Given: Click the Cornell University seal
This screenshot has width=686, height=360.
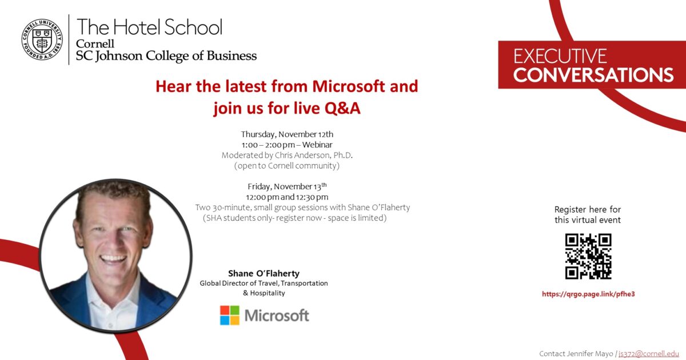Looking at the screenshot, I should tap(42, 39).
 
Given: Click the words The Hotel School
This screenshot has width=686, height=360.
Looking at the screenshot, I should tap(149, 27).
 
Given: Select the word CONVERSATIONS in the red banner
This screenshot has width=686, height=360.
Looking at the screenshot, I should tap(593, 75).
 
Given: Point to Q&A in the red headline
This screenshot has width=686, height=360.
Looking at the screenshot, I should tap(342, 108).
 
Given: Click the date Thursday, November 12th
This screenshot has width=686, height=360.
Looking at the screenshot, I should tap(287, 134).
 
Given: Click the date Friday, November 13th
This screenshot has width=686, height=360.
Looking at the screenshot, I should tap(287, 187).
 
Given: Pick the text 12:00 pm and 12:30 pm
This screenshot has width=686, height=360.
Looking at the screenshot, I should tap(287, 197).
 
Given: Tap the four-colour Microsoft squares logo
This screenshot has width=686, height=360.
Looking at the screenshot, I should tap(230, 315).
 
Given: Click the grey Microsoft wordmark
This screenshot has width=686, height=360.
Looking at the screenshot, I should tap(277, 315).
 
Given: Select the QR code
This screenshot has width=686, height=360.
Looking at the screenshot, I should tap(588, 257).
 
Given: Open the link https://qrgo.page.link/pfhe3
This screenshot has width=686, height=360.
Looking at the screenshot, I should tap(588, 294).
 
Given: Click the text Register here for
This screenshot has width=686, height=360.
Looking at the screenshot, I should tap(588, 210).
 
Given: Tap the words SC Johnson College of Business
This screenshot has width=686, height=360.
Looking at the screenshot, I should tap(166, 56).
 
